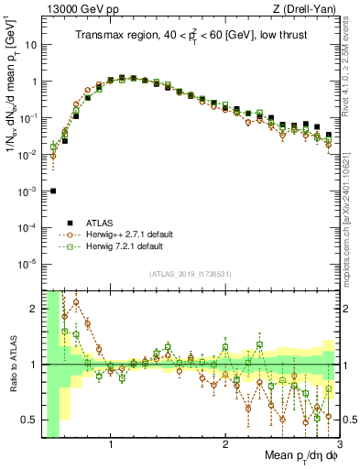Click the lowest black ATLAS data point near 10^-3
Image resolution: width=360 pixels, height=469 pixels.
54,191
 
